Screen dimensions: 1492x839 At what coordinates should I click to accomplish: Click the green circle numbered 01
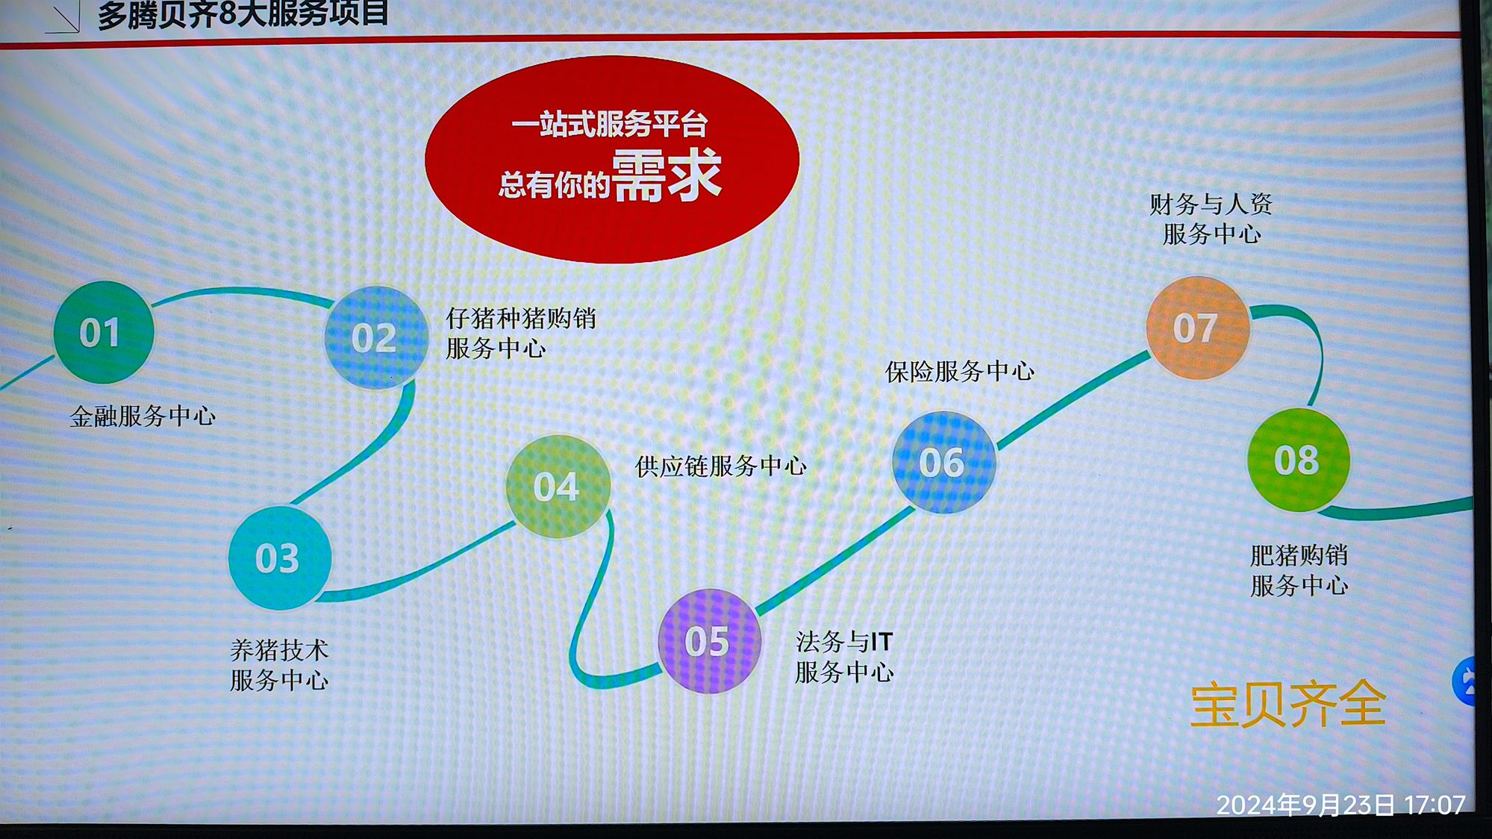(x=104, y=332)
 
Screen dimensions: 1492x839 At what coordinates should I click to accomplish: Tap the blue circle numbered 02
(x=375, y=337)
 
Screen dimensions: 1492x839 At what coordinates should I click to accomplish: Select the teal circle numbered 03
(x=280, y=558)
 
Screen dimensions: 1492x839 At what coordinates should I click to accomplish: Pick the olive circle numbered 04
(x=558, y=487)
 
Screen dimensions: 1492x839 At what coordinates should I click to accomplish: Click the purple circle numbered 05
(x=709, y=641)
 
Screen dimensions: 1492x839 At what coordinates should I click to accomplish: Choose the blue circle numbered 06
(x=943, y=463)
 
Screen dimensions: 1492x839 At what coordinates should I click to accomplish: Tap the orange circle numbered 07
(x=1197, y=328)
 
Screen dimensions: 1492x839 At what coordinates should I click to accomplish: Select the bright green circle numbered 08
(x=1299, y=460)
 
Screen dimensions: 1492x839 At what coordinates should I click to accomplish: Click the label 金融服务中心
(x=143, y=416)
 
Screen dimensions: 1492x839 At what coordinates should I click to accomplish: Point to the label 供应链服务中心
(x=721, y=467)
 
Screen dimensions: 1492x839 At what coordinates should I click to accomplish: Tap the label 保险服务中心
(x=960, y=371)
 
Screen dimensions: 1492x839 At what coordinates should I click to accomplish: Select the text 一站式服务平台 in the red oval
(x=609, y=124)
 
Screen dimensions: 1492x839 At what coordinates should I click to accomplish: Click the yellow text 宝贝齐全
(x=1288, y=704)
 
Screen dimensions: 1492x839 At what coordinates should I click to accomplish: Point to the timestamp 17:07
(x=1435, y=805)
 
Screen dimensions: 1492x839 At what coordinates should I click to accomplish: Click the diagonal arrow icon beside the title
(x=63, y=16)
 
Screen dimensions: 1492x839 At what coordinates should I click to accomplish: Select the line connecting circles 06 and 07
(x=1073, y=400)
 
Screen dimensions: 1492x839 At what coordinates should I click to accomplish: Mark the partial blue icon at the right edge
(x=1464, y=681)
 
